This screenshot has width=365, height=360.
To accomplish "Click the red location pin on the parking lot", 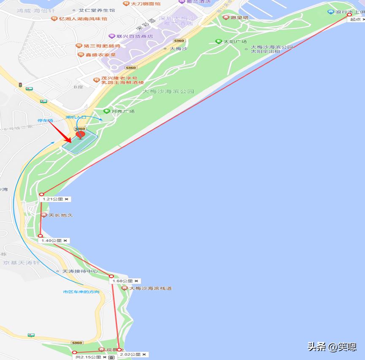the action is (80, 135).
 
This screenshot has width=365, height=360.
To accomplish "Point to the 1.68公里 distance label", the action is (123, 281).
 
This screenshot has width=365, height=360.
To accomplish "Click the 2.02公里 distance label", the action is (130, 355).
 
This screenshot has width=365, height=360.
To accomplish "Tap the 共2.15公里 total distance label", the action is (88, 357).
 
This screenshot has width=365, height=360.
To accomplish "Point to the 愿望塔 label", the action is (240, 18).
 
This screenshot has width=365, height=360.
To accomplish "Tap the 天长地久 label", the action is (60, 215).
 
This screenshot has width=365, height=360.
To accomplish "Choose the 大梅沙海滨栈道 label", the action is (151, 288).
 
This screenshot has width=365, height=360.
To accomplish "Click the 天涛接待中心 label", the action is (80, 271).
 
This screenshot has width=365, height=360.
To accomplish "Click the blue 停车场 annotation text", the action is (45, 121).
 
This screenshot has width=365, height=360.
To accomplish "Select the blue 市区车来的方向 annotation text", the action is (81, 292).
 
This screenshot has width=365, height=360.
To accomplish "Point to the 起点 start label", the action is (355, 19).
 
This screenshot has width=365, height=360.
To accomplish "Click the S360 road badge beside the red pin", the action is (79, 129).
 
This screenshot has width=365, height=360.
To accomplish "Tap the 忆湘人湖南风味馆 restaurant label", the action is (83, 19).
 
